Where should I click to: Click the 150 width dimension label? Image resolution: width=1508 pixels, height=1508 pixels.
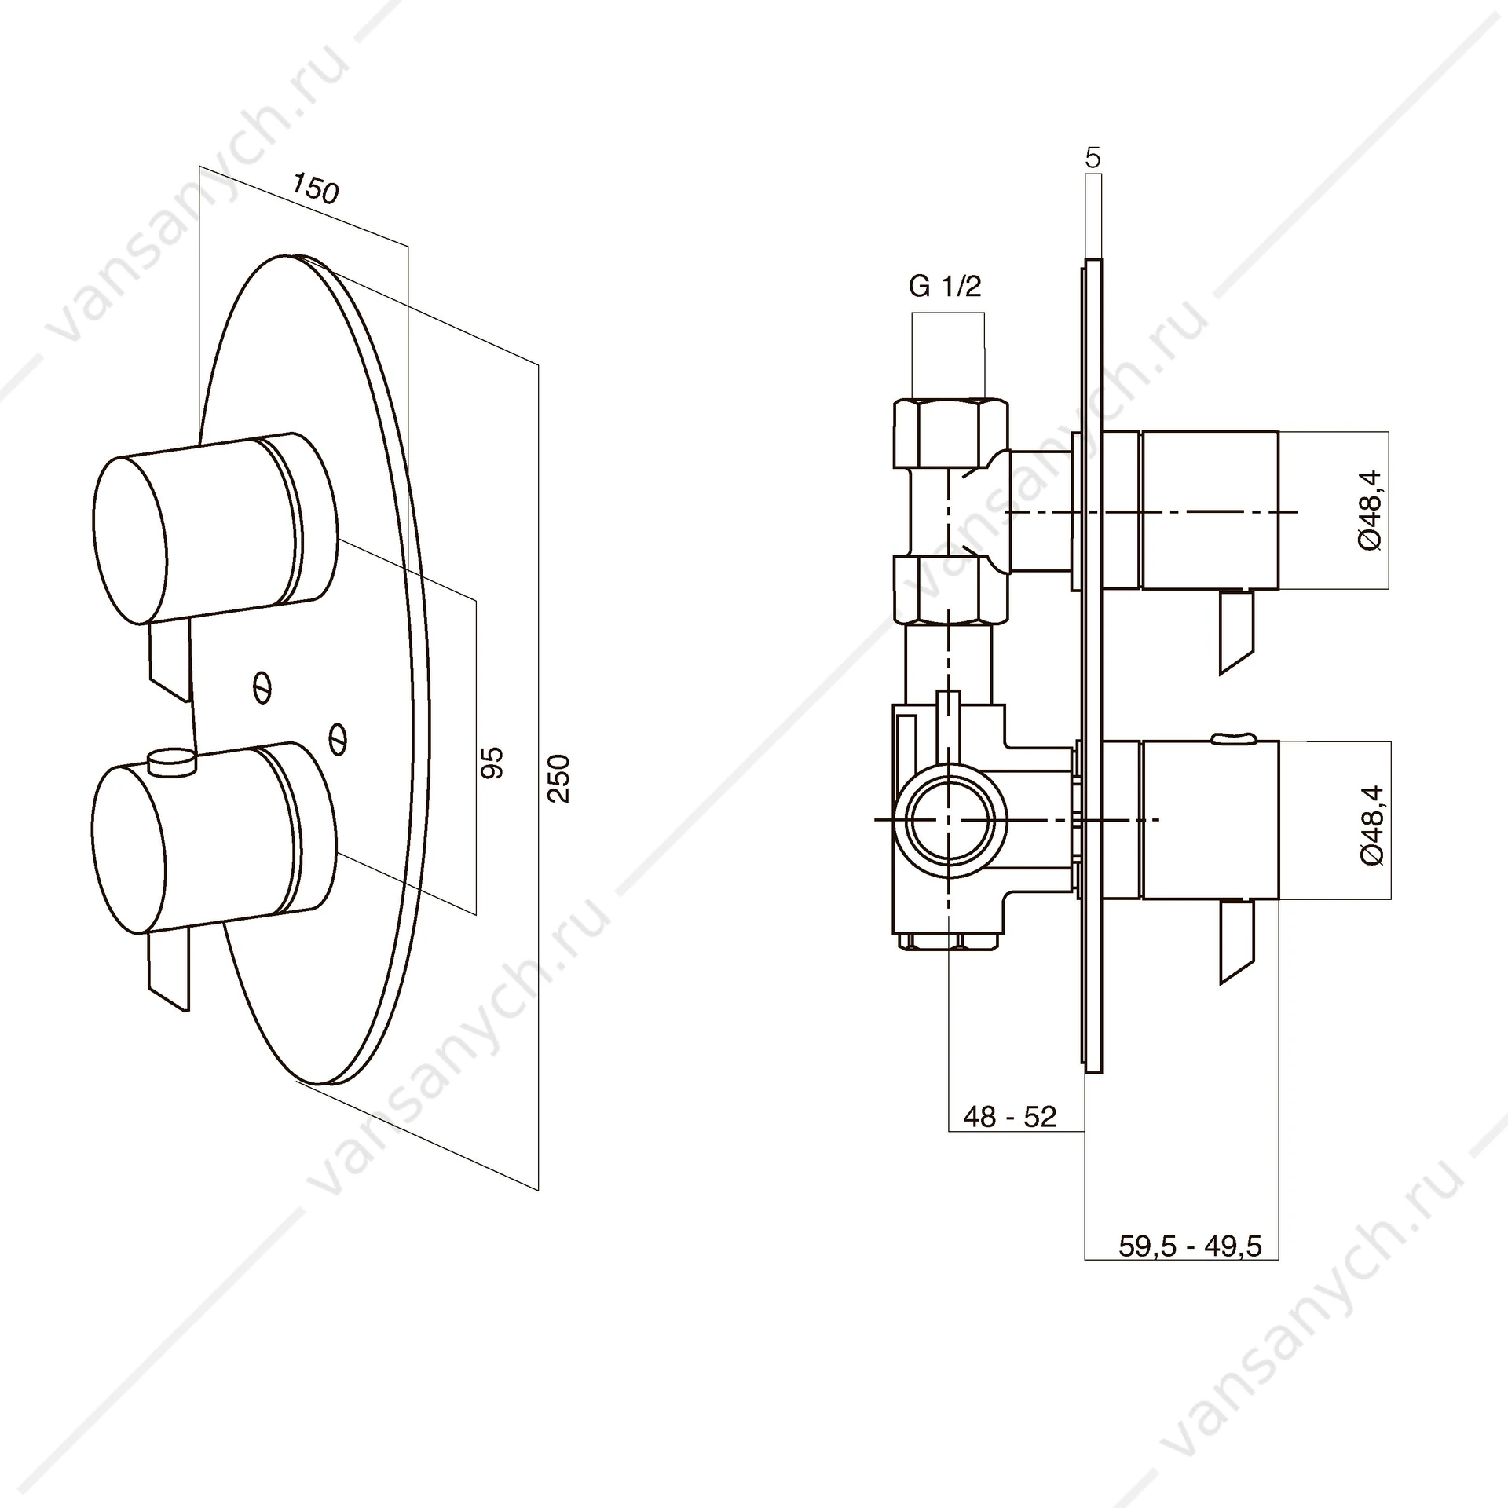316,188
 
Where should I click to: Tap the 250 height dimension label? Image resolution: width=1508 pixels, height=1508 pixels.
558,778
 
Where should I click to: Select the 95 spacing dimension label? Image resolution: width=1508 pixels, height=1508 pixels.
492,763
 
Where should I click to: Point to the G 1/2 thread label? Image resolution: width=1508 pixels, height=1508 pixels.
945,287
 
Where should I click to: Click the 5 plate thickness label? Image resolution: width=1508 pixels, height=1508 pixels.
1093,158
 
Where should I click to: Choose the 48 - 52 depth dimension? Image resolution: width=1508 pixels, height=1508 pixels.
1010,1116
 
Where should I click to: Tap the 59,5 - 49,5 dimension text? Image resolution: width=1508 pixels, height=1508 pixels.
1190,1246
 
